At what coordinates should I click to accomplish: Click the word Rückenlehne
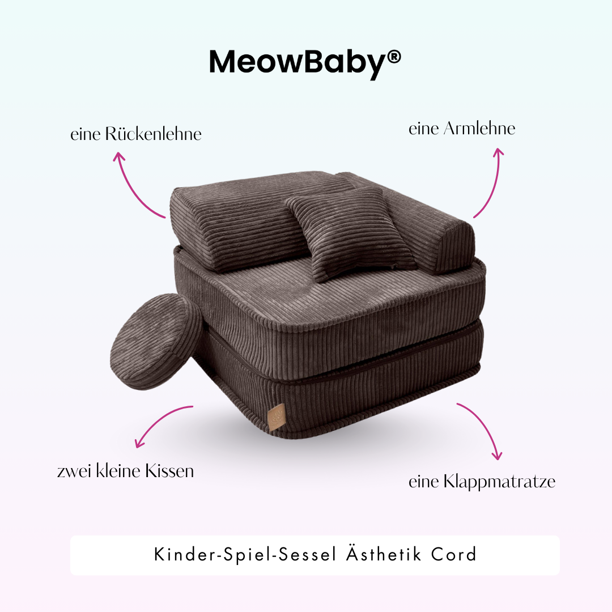click(153, 134)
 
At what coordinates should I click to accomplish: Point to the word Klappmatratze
click(499, 482)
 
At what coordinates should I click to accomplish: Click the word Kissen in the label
click(169, 471)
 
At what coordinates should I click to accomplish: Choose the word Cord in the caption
click(453, 555)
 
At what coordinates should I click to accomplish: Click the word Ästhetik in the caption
click(382, 554)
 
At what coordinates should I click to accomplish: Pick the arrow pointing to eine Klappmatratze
click(482, 428)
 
